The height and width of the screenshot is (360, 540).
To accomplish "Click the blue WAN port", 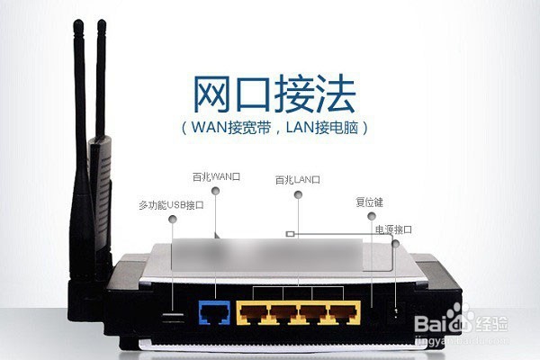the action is pos(214,312).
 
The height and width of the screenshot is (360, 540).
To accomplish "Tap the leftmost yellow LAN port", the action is pos(254,313).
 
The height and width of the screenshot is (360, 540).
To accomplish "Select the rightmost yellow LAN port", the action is pos(344,313).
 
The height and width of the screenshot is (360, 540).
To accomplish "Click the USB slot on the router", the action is pos(172,315).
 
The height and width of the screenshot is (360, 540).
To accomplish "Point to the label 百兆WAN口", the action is pos(216,176).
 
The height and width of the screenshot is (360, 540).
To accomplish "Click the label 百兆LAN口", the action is pos(298,179).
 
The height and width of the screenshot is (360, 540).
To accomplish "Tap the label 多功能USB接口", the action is pos(171,205).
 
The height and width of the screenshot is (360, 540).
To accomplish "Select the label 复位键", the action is pos(369,202).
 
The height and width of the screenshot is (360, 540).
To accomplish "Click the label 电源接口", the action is pos(393,229).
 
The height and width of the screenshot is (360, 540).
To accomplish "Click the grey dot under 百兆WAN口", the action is pos(216,191).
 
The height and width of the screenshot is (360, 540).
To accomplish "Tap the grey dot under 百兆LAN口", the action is pos(298,194).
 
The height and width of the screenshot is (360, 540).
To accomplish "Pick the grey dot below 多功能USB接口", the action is pos(173,219).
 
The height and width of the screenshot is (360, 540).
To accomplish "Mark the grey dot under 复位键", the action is pos(371,216).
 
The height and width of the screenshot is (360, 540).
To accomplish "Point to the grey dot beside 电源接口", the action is pos(396,244).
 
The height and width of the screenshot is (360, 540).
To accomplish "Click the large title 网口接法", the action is pos(274,94).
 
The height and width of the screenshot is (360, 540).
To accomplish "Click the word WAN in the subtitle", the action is pos(209,128).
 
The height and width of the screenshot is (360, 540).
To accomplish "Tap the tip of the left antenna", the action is pos(78,22).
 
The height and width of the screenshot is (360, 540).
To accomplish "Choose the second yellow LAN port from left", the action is pos(283,313).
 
